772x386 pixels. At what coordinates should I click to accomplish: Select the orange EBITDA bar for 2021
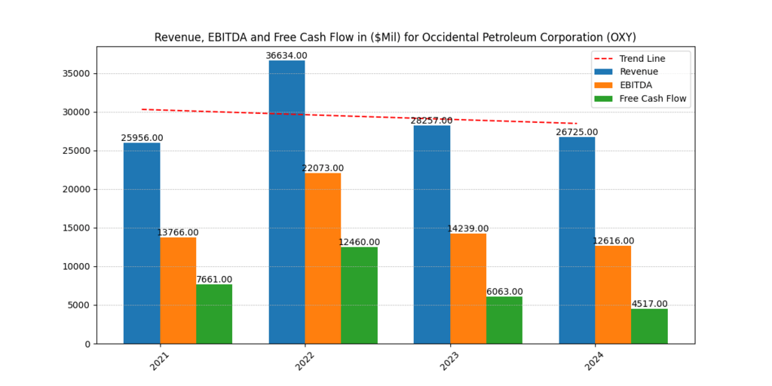pyautogui.click(x=178, y=290)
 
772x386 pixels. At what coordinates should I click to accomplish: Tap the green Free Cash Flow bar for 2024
pyautogui.click(x=649, y=326)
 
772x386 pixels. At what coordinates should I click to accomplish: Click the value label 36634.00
pyautogui.click(x=286, y=56)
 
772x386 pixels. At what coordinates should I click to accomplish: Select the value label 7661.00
pyautogui.click(x=214, y=280)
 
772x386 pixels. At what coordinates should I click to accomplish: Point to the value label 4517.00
pyautogui.click(x=649, y=304)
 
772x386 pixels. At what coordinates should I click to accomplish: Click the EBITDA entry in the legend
pyautogui.click(x=636, y=85)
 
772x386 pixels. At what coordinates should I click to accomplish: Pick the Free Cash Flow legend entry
pyautogui.click(x=653, y=99)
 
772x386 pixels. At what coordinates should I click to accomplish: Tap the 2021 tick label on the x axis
pyautogui.click(x=159, y=360)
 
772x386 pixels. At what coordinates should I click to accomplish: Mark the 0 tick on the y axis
pyautogui.click(x=87, y=344)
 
